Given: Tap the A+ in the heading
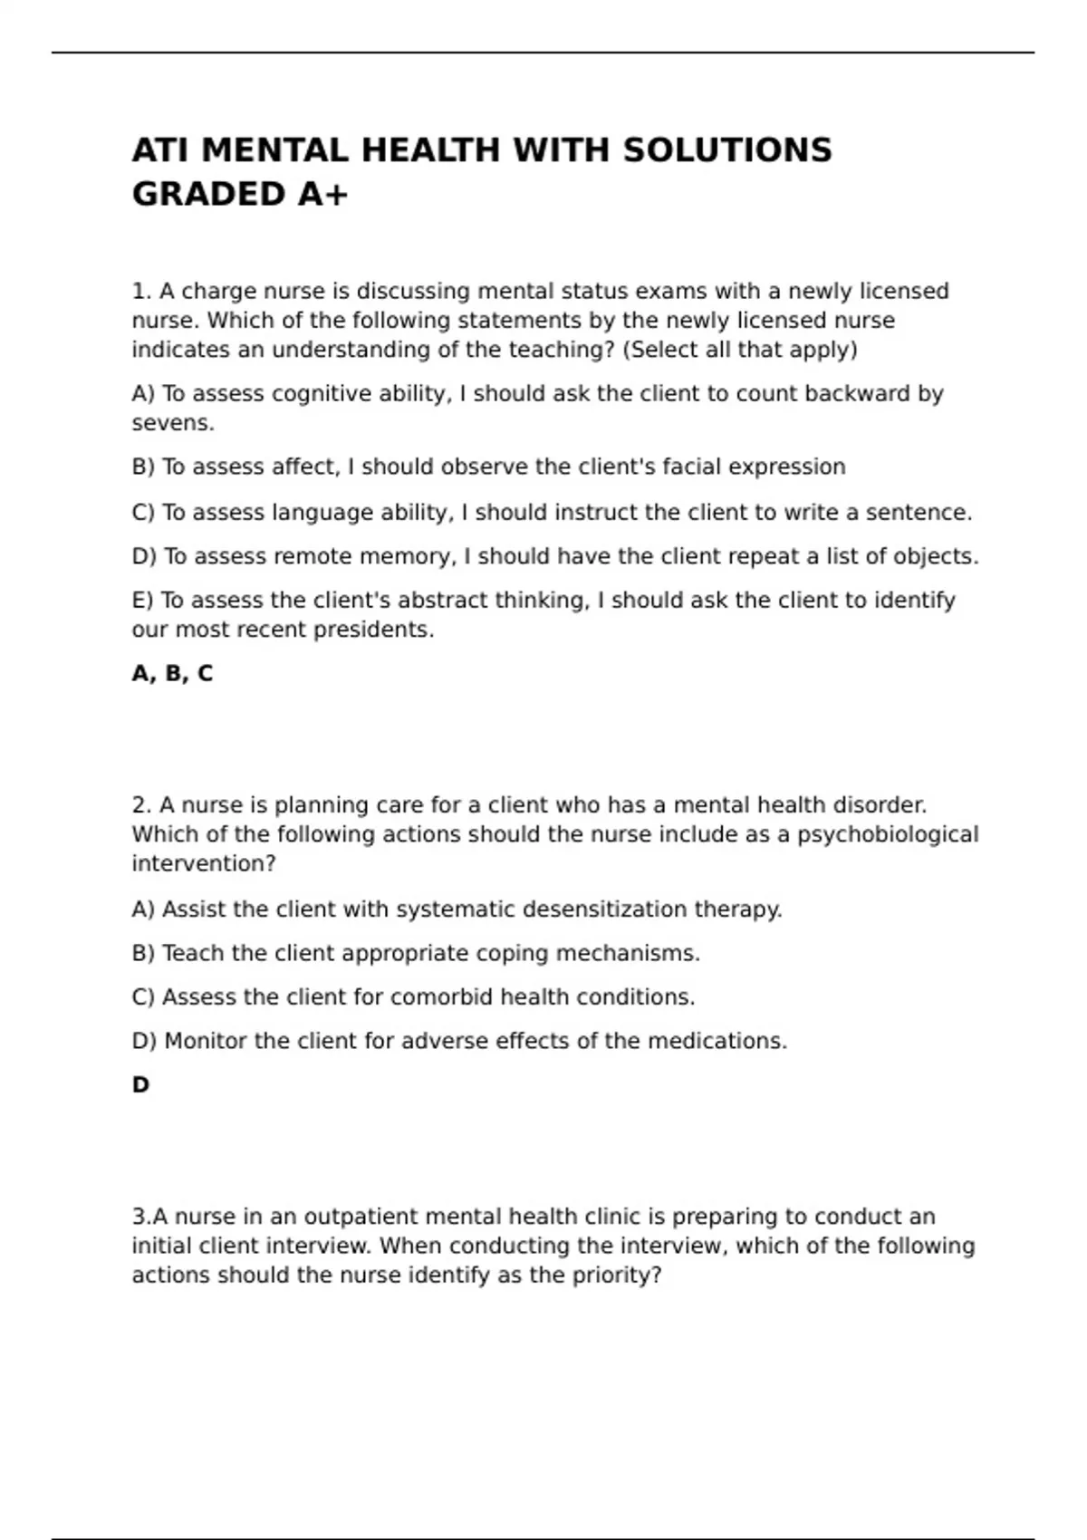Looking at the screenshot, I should click(322, 195).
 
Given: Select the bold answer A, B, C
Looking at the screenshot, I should click(172, 674).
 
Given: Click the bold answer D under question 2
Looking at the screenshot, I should click(140, 1085).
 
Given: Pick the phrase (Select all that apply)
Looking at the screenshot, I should click(739, 351).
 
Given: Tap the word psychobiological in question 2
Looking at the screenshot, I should click(888, 835).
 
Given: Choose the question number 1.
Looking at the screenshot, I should click(141, 292).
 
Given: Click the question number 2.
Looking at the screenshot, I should click(141, 805).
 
